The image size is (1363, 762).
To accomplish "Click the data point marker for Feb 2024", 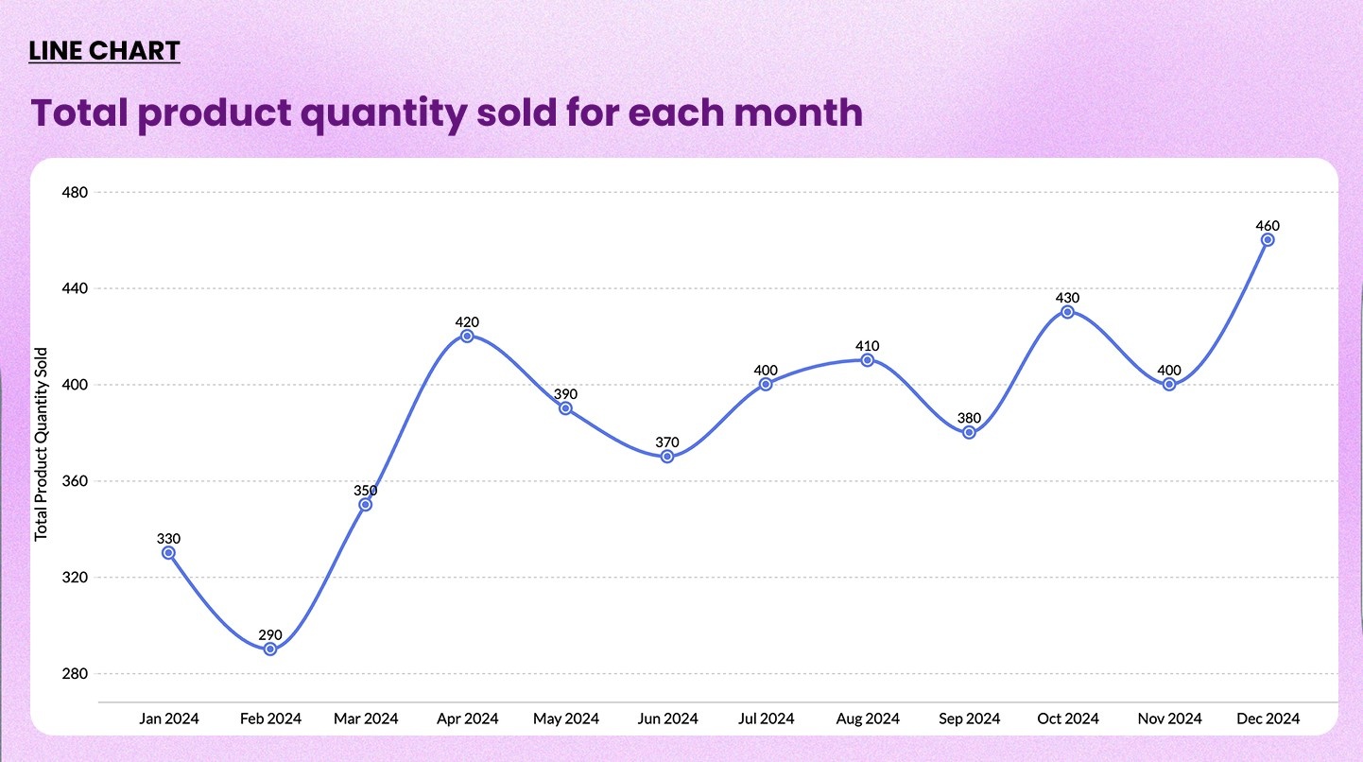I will [270, 649].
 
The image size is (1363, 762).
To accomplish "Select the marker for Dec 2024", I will [1268, 240].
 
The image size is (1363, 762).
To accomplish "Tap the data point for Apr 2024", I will [467, 337].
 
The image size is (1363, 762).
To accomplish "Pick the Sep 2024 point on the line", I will [969, 433].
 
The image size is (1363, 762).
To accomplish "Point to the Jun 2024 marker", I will [667, 457].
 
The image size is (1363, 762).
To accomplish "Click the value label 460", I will [1268, 226].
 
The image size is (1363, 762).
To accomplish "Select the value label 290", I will [270, 634].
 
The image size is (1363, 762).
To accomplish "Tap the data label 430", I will [1067, 298].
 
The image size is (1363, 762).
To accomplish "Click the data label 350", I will [366, 491].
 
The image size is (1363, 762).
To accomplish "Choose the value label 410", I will [867, 346].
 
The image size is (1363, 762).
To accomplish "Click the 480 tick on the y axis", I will [74, 192].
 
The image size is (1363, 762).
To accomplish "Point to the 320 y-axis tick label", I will [74, 578].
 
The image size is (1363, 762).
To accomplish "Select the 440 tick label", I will [74, 288].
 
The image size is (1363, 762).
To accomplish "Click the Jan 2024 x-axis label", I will [169, 719].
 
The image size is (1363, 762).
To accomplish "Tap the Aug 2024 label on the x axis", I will [868, 719].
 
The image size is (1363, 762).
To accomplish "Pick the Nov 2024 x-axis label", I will [1169, 719].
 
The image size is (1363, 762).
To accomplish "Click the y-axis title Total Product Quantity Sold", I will [41, 444].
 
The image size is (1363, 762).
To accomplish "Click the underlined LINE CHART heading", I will [104, 50].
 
